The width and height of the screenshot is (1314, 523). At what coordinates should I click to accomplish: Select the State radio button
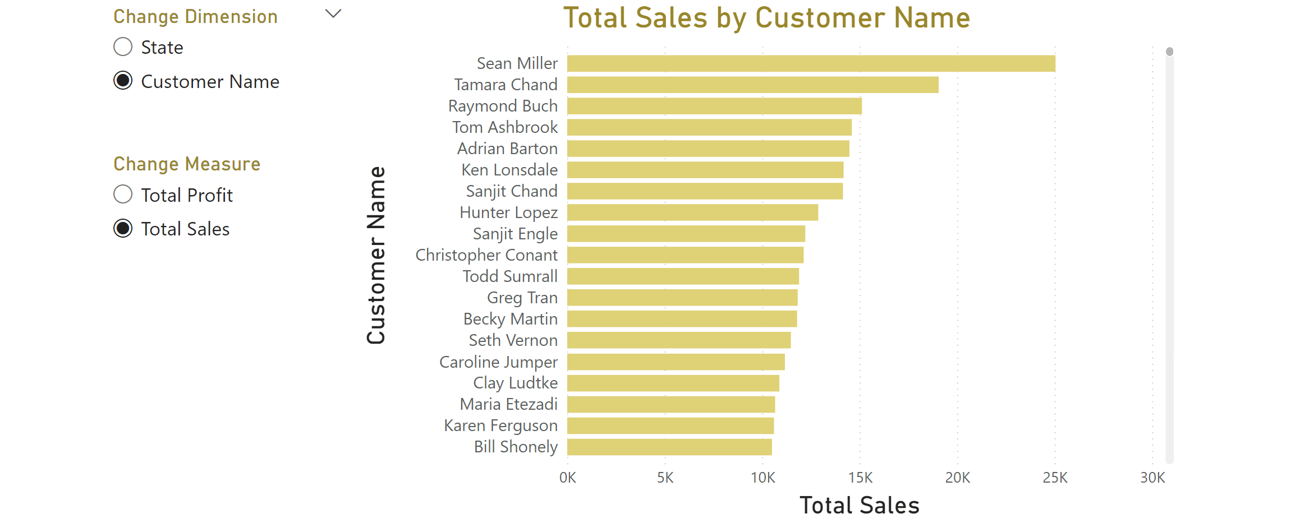click(x=123, y=47)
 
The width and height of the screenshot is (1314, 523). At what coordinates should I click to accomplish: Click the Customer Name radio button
click(x=123, y=81)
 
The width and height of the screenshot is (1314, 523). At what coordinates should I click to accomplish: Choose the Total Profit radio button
click(x=123, y=195)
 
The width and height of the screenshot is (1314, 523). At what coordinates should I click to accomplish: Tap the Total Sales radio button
click(x=123, y=229)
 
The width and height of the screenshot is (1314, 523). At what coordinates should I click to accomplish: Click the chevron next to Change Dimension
click(x=333, y=15)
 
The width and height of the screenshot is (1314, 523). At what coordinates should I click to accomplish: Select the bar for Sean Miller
click(x=811, y=63)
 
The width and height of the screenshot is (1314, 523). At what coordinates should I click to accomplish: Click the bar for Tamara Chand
click(x=752, y=85)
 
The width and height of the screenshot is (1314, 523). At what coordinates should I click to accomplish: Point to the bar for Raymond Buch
click(x=714, y=106)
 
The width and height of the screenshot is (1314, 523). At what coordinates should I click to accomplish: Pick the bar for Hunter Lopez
click(x=692, y=212)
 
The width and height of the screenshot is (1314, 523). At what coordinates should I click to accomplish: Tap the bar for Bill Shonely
click(x=669, y=447)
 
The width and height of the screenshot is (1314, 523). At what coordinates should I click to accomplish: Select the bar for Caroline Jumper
click(x=676, y=362)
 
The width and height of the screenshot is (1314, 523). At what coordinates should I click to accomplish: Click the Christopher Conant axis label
click(x=486, y=255)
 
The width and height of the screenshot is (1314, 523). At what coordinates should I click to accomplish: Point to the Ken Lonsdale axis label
click(x=509, y=170)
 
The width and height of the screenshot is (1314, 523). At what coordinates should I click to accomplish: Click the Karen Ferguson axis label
click(x=500, y=425)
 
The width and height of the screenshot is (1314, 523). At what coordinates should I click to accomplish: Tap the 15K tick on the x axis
click(x=860, y=478)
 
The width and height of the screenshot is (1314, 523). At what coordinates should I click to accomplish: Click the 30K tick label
click(x=1152, y=478)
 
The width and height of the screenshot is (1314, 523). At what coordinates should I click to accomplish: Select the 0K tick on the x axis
click(x=567, y=478)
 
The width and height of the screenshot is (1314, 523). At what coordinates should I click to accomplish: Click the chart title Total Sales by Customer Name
click(x=766, y=18)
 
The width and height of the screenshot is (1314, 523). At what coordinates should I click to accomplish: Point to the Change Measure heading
click(x=187, y=164)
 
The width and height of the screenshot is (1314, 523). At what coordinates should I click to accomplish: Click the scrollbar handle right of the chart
click(x=1169, y=52)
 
